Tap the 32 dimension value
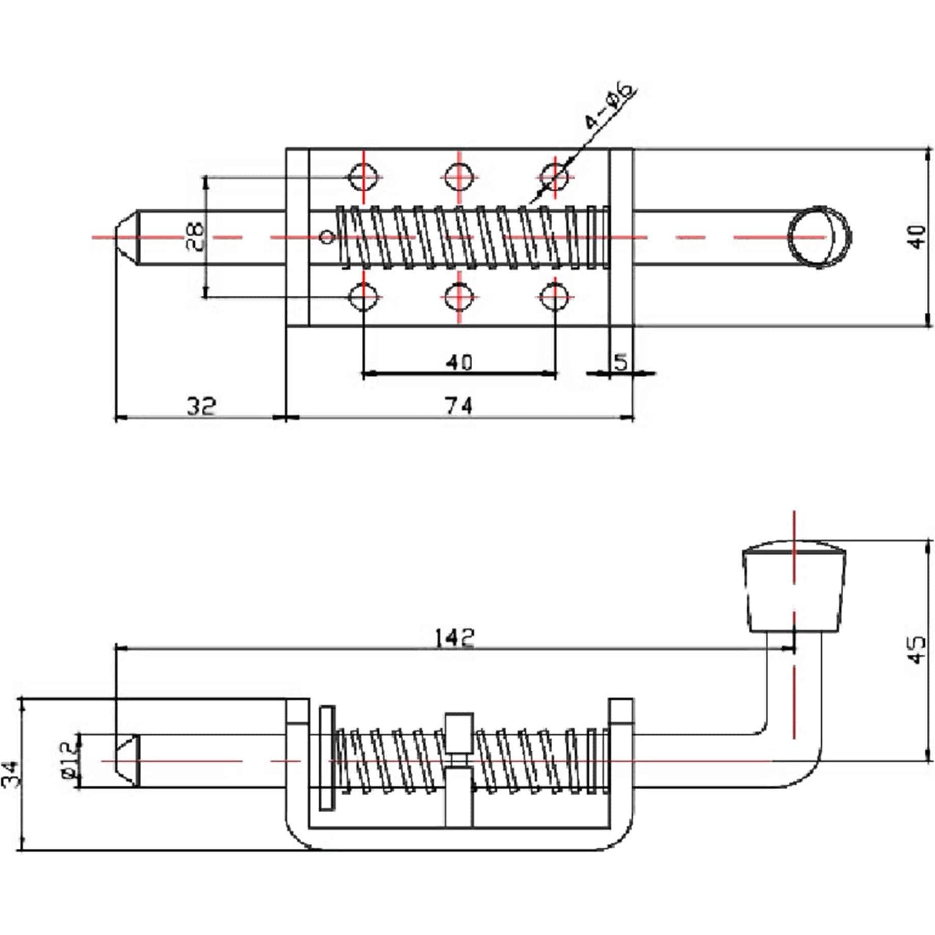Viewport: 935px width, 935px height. pos(201,406)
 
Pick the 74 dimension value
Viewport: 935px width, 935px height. pos(459,406)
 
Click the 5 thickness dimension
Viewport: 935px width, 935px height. pos(620,362)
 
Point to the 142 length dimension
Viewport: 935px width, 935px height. pos(454,637)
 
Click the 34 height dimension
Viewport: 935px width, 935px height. pos(10,775)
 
